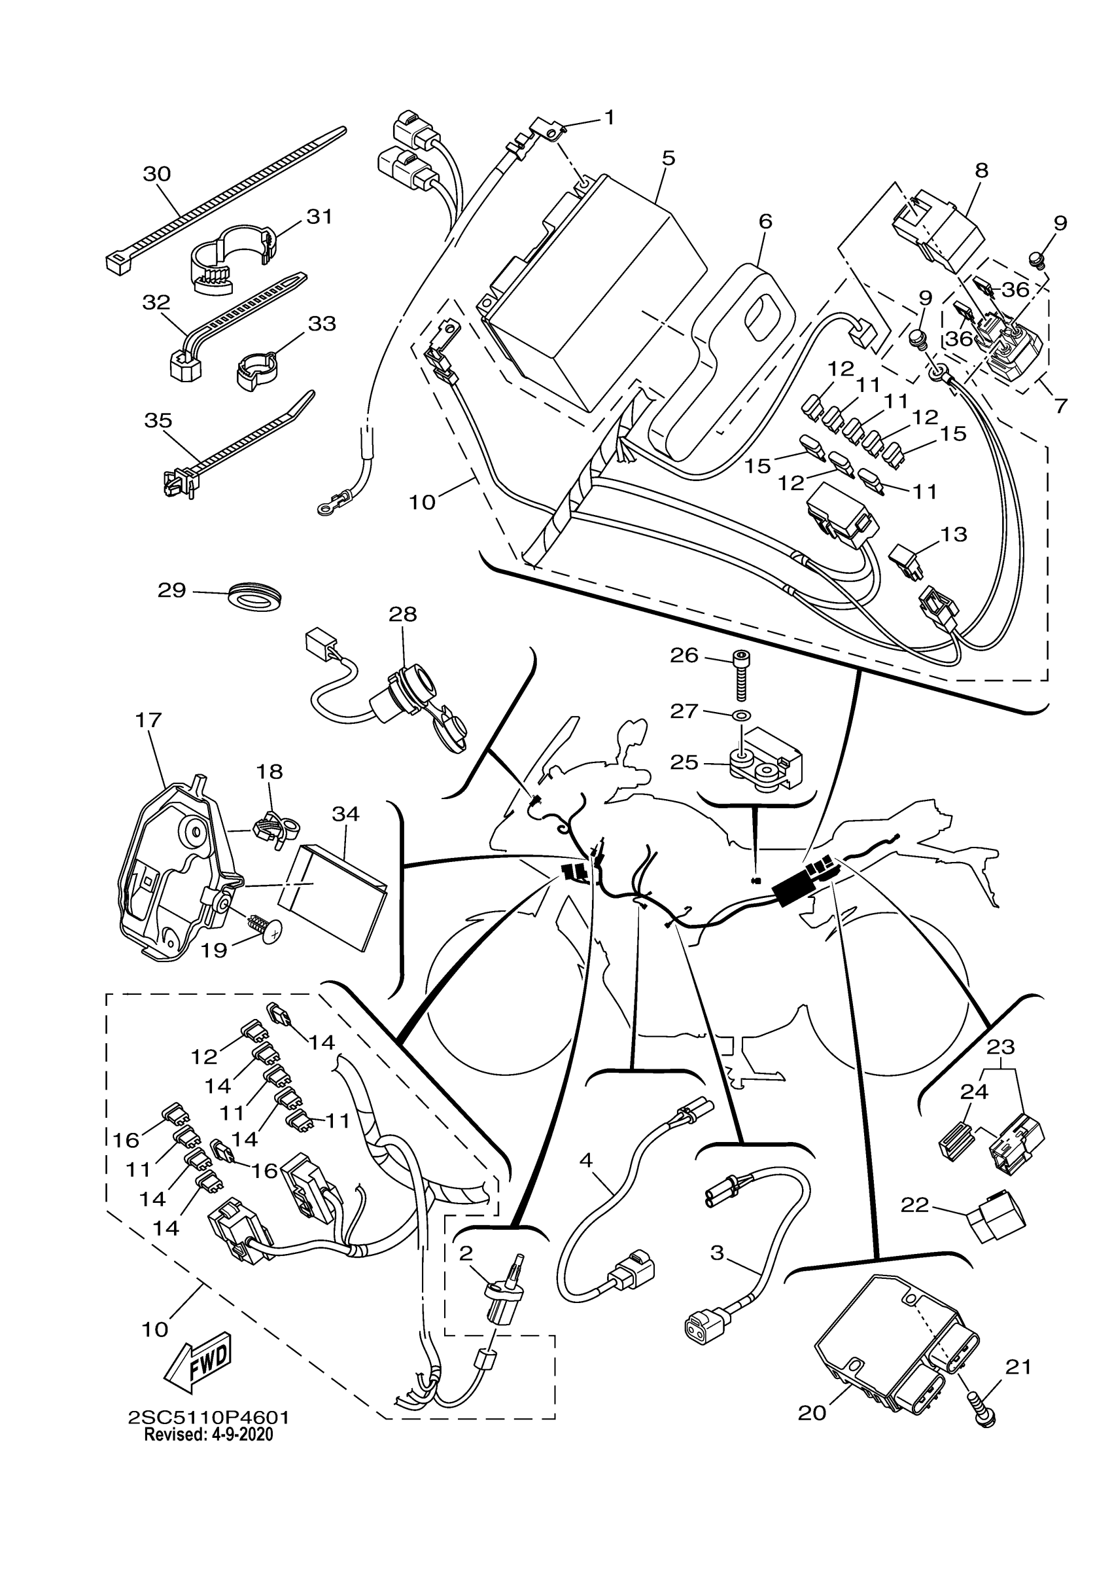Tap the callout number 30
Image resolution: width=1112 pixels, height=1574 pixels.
[x=157, y=173]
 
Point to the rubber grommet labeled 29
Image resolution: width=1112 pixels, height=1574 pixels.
[x=255, y=594]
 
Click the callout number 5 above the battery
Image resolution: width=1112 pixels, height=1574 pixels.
[x=669, y=158]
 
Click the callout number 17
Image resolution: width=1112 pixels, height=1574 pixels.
[x=148, y=720]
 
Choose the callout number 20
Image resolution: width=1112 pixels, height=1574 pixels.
[x=812, y=1413]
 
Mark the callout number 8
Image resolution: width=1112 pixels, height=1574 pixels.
[x=981, y=171]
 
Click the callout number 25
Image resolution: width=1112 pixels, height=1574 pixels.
[x=684, y=762]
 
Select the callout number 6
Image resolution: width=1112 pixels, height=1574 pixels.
[x=765, y=221]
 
